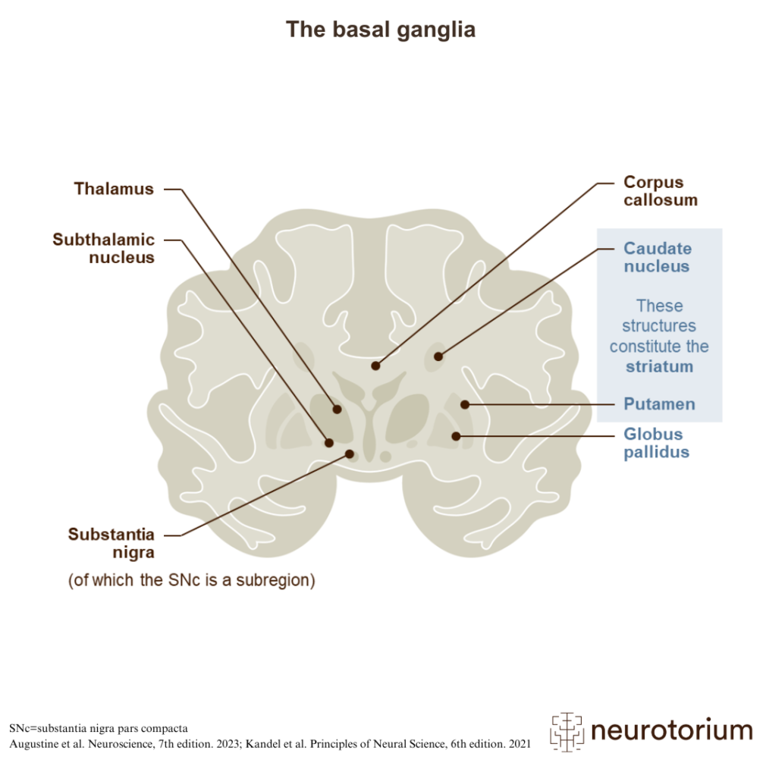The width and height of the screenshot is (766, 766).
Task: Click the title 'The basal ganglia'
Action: pyautogui.click(x=381, y=30)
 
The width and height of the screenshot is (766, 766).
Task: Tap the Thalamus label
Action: pyautogui.click(x=114, y=189)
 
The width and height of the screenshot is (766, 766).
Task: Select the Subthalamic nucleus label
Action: pyautogui.click(x=104, y=249)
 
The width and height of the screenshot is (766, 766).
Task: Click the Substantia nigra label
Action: pyautogui.click(x=111, y=543)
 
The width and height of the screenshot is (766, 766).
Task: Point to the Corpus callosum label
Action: pyautogui.click(x=660, y=191)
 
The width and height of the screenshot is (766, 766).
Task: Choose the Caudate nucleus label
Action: pyautogui.click(x=657, y=257)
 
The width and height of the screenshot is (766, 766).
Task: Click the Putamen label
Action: pyautogui.click(x=659, y=404)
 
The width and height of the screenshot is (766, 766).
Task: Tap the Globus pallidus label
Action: pyautogui.click(x=656, y=443)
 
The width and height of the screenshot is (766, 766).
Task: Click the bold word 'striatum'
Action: pyautogui.click(x=659, y=367)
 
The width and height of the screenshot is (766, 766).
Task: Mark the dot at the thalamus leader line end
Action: pyautogui.click(x=337, y=409)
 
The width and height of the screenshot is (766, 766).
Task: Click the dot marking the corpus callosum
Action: pyautogui.click(x=375, y=366)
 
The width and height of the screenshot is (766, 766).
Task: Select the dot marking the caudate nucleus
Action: pyautogui.click(x=438, y=356)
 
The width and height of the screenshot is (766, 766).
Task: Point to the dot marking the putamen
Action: pyautogui.click(x=465, y=404)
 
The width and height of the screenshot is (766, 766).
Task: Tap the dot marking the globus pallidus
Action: pyautogui.click(x=456, y=436)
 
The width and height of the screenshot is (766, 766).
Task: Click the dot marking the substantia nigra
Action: pyautogui.click(x=350, y=454)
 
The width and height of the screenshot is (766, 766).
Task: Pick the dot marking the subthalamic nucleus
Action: pyautogui.click(x=329, y=441)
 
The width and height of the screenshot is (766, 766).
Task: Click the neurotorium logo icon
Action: pyautogui.click(x=567, y=730)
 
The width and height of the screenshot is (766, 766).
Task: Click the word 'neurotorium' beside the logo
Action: pyautogui.click(x=670, y=730)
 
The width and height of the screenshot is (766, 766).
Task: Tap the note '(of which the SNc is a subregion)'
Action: pyautogui.click(x=191, y=581)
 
